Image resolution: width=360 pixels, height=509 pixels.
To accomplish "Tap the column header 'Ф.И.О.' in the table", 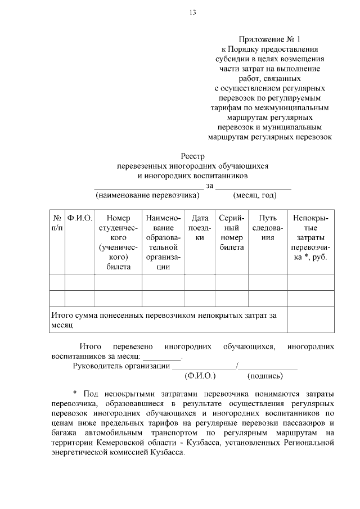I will tap(79, 218).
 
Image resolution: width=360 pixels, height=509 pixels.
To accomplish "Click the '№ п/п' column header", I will tap(57, 223).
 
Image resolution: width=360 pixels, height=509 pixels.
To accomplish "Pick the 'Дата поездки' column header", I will tap(200, 228).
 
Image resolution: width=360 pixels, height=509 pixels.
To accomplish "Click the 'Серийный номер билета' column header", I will tap(232, 232).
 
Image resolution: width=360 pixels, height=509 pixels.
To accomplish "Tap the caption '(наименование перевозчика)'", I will tap(148, 195).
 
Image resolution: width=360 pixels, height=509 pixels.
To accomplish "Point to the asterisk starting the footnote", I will tap(75, 392).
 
